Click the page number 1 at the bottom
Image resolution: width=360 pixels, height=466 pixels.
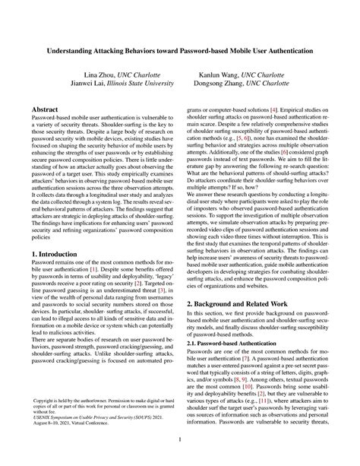click(180, 439)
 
